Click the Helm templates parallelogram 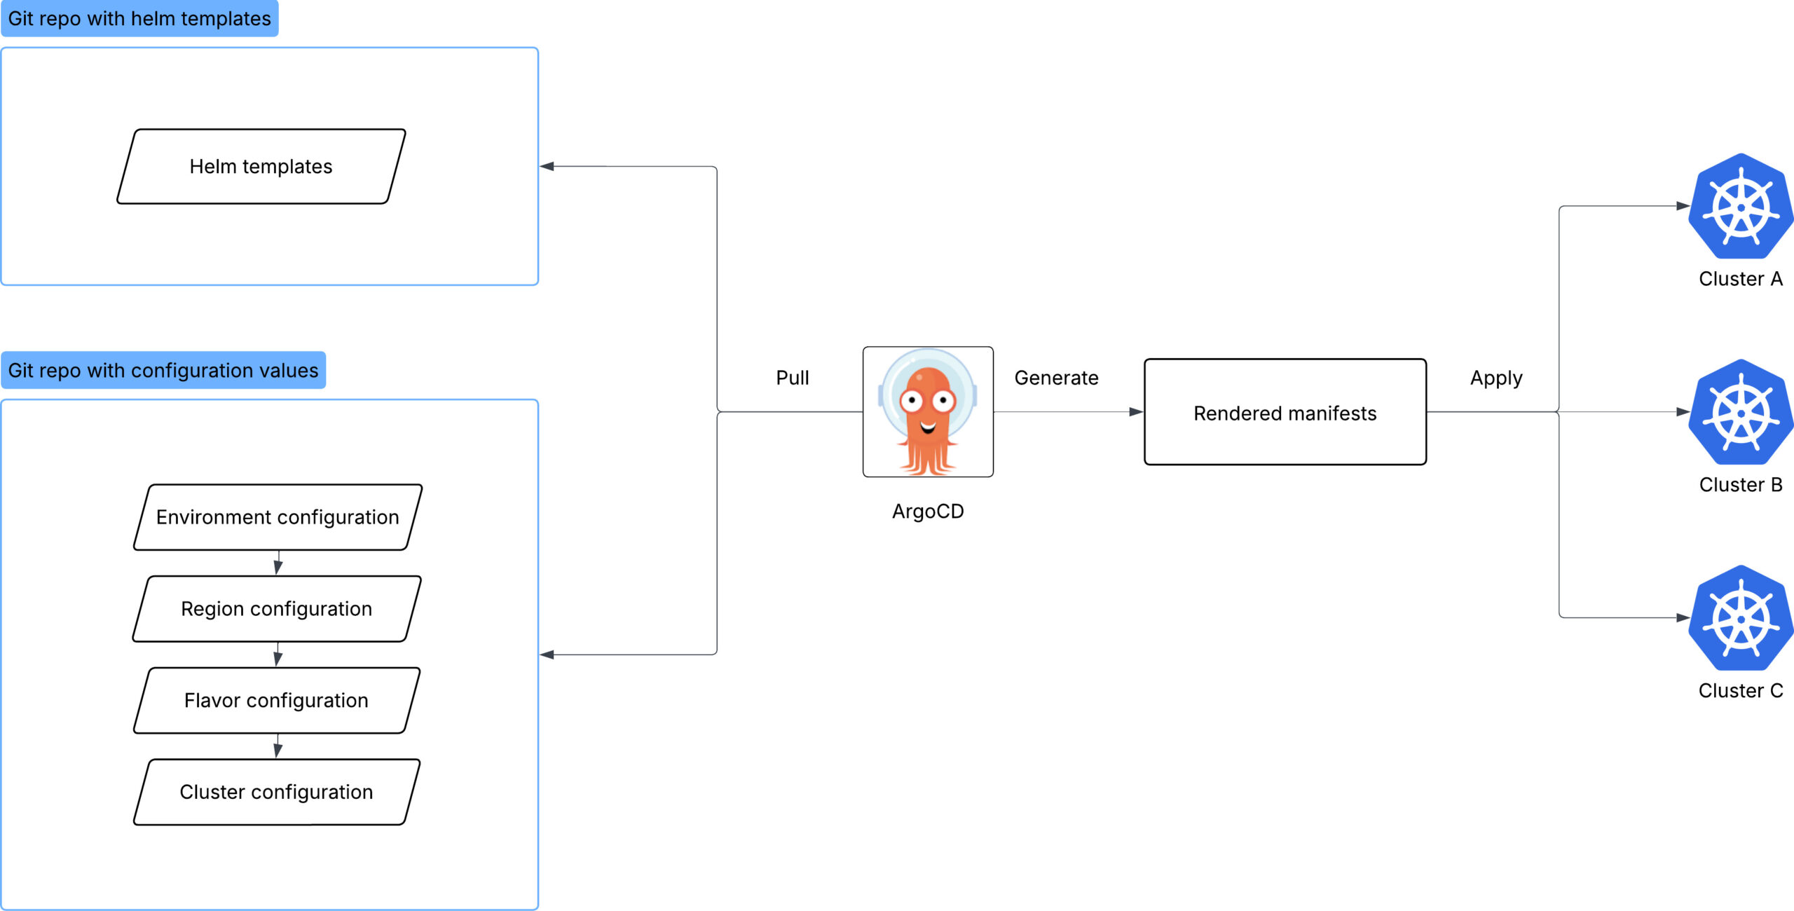tap(261, 167)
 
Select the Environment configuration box tap(278, 517)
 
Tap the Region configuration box tap(277, 609)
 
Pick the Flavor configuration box tap(277, 701)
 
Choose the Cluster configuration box tap(277, 792)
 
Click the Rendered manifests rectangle tap(1285, 413)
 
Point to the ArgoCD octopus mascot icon tap(928, 412)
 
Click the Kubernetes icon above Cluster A tap(1741, 207)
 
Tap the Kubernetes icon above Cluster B tap(1741, 413)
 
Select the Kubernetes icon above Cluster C tap(1741, 619)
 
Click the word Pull tap(792, 378)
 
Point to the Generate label tap(1056, 378)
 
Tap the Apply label tap(1496, 378)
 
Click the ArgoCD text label tap(928, 512)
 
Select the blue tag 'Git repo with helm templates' tap(139, 19)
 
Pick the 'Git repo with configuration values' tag tap(163, 371)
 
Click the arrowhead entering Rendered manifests tap(1136, 412)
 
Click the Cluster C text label tap(1741, 691)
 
